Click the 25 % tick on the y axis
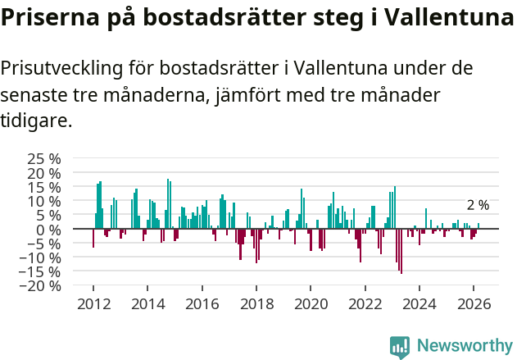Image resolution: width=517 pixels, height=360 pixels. click(x=45, y=158)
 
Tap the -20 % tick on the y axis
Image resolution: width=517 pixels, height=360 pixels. click(x=40, y=285)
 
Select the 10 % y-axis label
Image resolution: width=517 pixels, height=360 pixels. click(x=45, y=201)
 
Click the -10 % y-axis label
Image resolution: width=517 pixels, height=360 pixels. click(x=40, y=257)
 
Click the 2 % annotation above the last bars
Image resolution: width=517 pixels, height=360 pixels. click(x=478, y=205)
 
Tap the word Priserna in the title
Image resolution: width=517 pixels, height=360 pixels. click(x=49, y=18)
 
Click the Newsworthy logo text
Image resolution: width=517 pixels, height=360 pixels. click(x=465, y=345)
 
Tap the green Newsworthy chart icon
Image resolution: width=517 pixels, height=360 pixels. click(x=400, y=346)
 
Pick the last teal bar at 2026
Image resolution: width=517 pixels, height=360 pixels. click(x=479, y=226)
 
